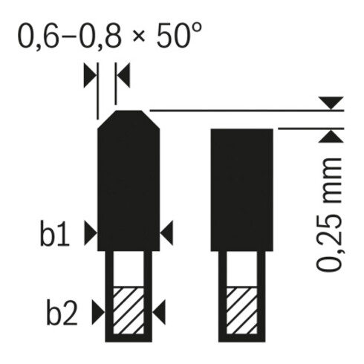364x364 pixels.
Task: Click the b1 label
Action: (x=55, y=233)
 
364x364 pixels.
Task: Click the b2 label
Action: (x=62, y=312)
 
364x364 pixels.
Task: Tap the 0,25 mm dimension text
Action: (x=329, y=215)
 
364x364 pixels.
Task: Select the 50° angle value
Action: (x=179, y=35)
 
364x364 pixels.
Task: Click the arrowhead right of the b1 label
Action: (x=91, y=233)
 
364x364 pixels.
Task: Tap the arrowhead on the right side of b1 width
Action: (x=166, y=233)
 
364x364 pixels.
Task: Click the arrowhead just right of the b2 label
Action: (x=98, y=312)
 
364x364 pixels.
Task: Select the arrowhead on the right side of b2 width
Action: (x=159, y=312)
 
